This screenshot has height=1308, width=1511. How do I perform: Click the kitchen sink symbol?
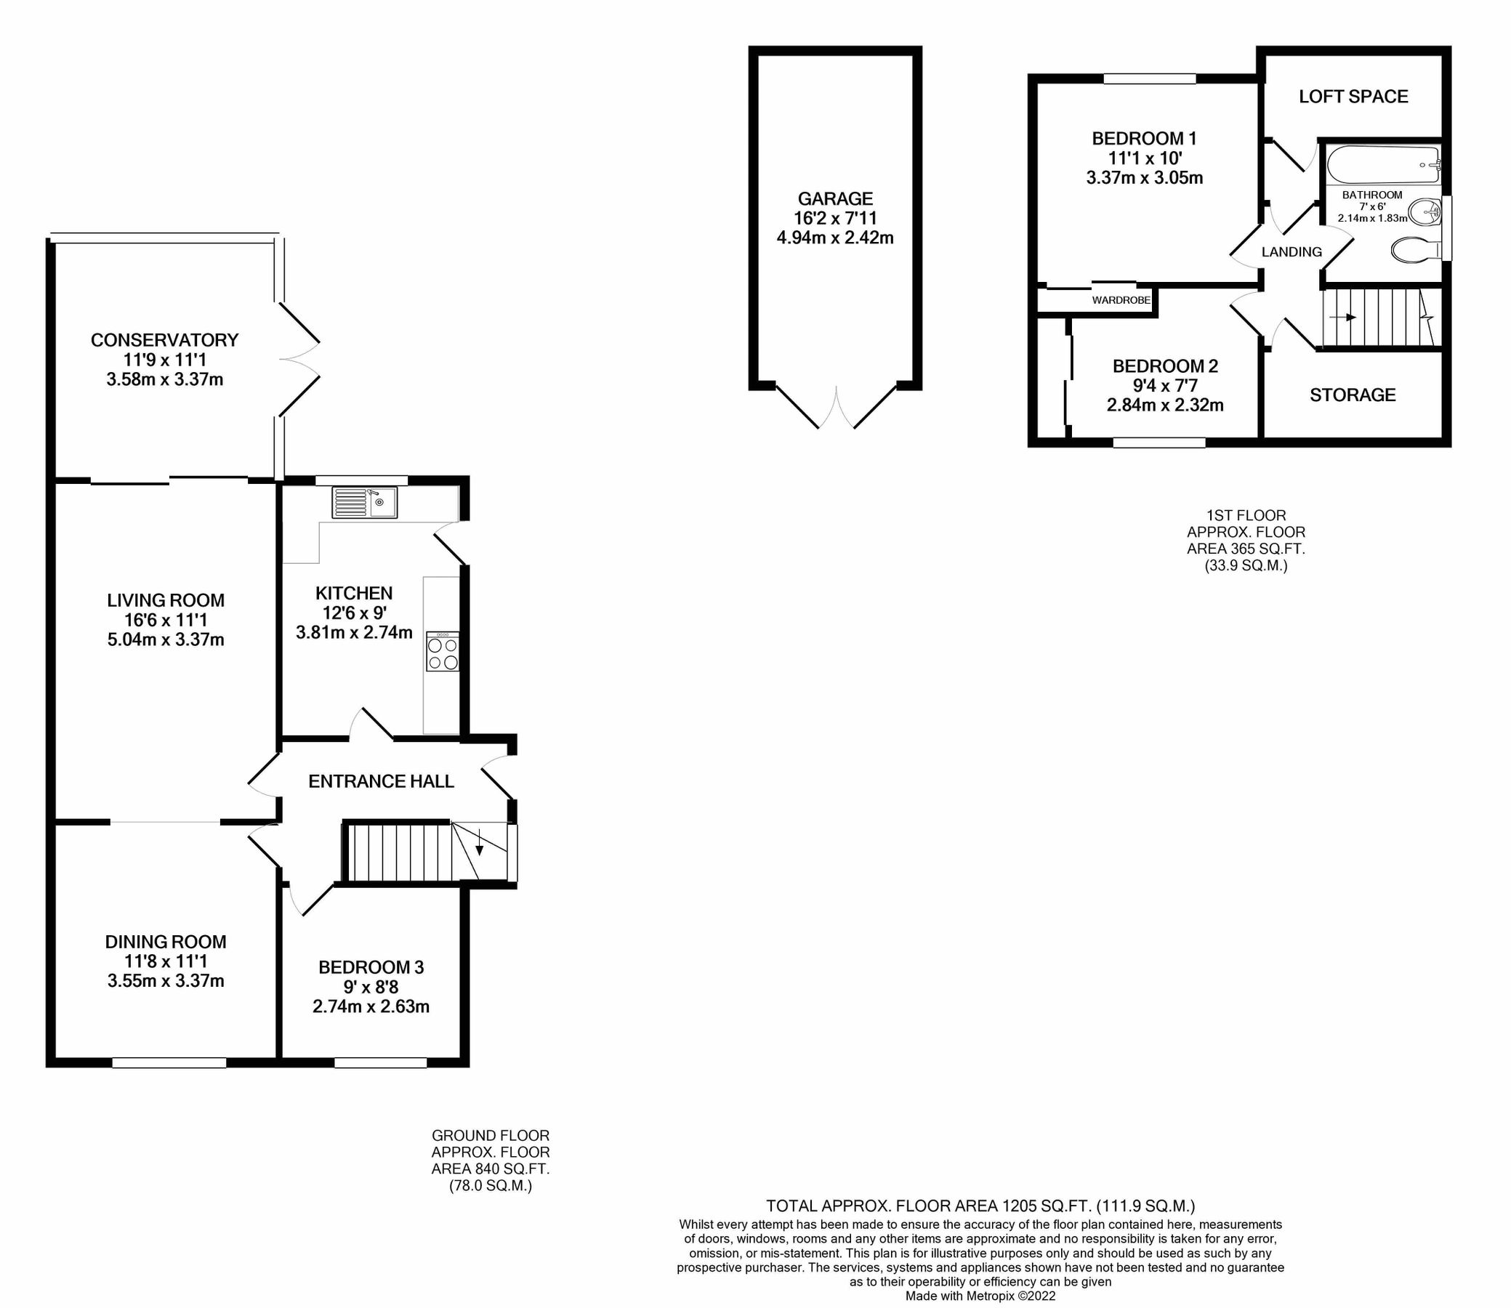(x=364, y=502)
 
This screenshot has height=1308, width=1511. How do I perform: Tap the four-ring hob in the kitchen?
(x=443, y=652)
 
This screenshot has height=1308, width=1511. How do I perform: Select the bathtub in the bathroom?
(x=1382, y=166)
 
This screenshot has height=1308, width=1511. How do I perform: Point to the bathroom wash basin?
(x=1422, y=213)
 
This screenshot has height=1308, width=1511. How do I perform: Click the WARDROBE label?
(x=1121, y=300)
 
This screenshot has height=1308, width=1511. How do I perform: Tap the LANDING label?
(x=1292, y=252)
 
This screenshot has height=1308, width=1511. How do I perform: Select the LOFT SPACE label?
(x=1353, y=97)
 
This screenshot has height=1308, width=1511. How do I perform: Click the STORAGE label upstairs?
(x=1352, y=395)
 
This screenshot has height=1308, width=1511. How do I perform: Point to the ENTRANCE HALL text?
(x=381, y=782)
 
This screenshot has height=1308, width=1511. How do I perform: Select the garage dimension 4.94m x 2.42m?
(x=834, y=237)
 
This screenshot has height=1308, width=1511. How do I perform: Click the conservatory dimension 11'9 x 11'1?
(x=164, y=360)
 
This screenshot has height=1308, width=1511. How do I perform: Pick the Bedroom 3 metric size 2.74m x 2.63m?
(x=370, y=1007)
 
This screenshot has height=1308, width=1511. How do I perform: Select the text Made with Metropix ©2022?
(x=980, y=1296)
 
